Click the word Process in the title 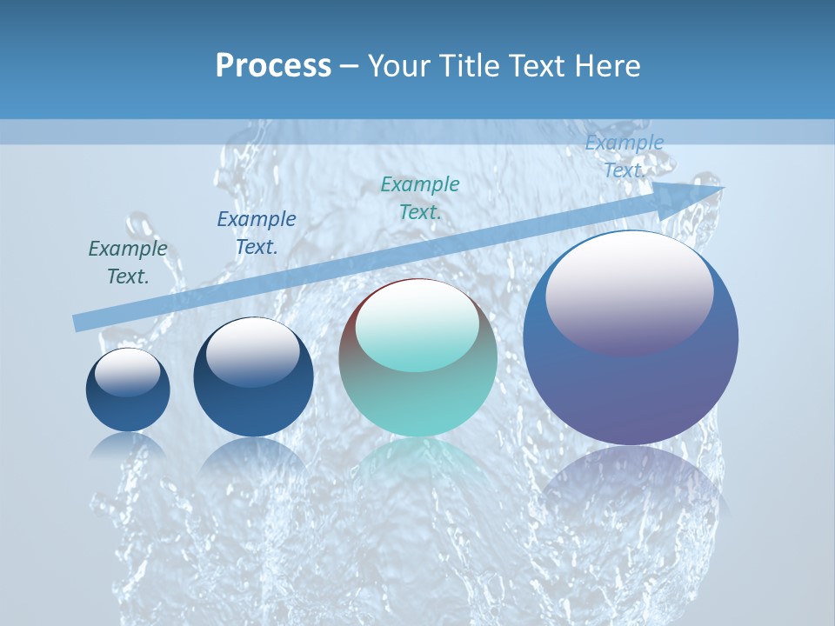273,66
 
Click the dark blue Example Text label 257,233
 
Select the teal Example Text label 420,197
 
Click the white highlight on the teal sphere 417,326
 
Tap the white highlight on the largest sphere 629,291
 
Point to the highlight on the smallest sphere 127,372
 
